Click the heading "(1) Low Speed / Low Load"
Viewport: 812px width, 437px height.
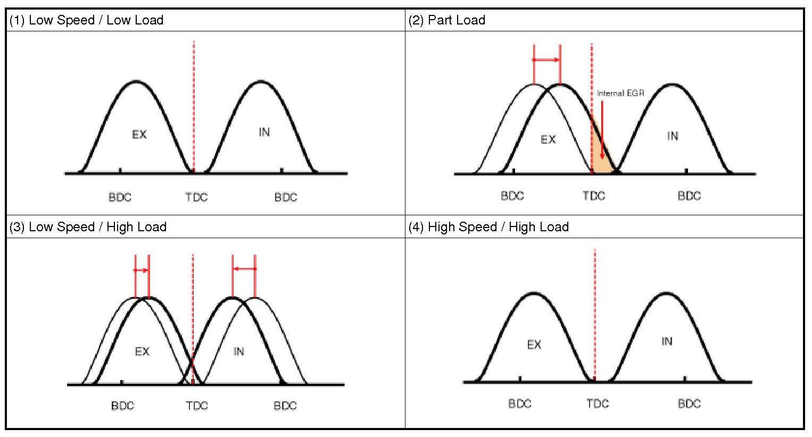86,20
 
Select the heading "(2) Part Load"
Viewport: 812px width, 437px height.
447,20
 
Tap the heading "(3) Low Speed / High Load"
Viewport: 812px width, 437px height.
88,227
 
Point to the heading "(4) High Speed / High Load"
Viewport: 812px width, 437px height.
488,227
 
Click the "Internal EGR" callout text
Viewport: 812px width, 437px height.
620,93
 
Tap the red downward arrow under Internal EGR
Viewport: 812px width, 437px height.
602,130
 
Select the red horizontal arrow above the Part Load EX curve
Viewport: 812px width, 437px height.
546,60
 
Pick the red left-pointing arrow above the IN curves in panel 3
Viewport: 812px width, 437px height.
244,269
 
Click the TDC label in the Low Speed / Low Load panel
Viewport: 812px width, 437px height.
196,197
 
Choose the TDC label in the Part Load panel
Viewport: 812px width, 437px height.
594,196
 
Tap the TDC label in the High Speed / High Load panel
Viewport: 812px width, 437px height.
598,404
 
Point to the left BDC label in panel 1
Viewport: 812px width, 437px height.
120,197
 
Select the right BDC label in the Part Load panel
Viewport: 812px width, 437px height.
689,196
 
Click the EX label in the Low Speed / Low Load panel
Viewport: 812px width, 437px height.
139,135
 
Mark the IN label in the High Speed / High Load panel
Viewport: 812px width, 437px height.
667,341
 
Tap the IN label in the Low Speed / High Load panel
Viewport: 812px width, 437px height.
239,351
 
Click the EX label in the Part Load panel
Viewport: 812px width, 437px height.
548,139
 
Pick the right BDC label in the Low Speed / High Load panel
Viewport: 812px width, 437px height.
285,406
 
